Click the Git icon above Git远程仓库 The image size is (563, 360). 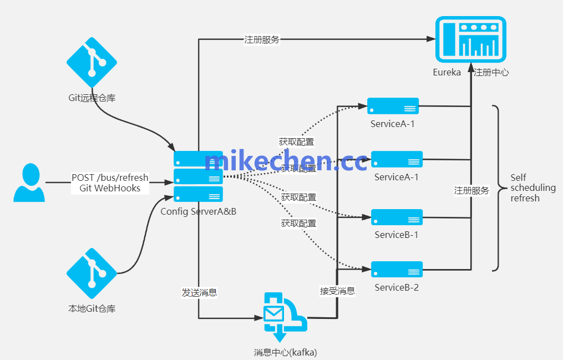[92, 62]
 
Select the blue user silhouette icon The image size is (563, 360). [29, 182]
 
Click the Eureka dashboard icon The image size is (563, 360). [470, 39]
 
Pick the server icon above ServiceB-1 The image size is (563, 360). [397, 217]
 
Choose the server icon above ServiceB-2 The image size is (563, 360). [397, 269]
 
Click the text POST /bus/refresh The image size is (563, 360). [110, 178]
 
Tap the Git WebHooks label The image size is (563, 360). [110, 188]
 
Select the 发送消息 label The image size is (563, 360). [199, 292]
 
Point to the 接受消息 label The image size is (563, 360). [337, 290]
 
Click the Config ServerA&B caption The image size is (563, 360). [199, 211]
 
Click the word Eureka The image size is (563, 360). [447, 72]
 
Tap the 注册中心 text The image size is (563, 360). [491, 72]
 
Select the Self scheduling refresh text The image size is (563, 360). [532, 188]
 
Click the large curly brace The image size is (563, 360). [496, 188]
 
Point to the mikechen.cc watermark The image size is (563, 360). [286, 161]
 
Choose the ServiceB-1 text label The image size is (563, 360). [396, 235]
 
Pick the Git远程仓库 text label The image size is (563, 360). [92, 98]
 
